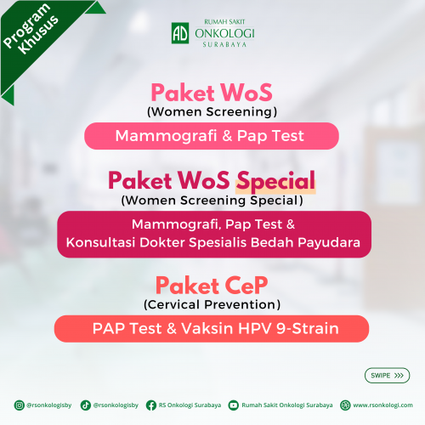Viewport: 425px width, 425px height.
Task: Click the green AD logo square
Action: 180,33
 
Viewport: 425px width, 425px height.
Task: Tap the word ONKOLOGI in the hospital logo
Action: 224,33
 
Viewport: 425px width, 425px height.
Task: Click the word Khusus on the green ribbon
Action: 38,35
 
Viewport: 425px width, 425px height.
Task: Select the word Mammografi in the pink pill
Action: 166,136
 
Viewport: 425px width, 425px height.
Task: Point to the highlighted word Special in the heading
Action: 275,181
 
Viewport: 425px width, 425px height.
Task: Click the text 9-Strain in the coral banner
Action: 308,329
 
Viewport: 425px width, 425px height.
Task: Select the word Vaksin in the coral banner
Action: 207,329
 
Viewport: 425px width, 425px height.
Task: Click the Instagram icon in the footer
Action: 20,405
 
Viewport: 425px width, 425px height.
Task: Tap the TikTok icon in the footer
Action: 86,405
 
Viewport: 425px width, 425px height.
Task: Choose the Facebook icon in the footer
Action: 151,405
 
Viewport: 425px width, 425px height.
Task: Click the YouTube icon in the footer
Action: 234,405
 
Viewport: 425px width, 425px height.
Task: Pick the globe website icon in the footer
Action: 345,405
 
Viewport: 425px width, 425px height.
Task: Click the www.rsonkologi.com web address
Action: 382,405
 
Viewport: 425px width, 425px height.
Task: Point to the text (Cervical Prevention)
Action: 212,305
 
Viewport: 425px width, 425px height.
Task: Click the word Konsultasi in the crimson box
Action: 100,242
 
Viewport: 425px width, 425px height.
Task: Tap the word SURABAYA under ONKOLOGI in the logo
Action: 224,44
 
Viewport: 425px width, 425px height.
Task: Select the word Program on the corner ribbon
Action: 26,25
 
